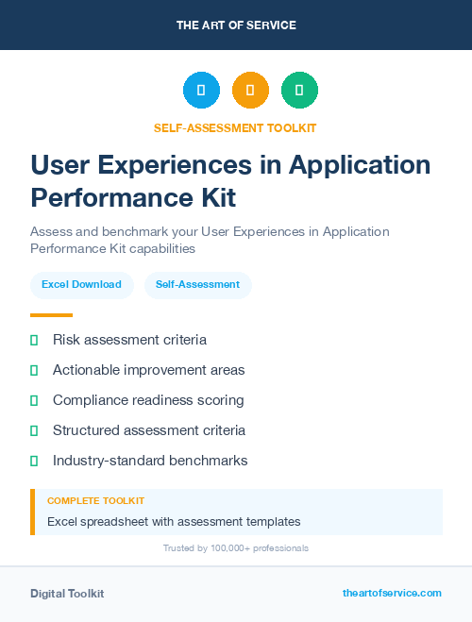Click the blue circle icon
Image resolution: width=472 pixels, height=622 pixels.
click(x=201, y=91)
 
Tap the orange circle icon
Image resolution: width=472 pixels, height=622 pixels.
click(x=250, y=91)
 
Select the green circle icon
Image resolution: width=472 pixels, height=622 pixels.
click(x=299, y=91)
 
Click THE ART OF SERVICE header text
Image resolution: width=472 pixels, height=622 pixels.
click(x=236, y=25)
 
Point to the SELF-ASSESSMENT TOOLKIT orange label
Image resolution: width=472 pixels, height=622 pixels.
click(x=236, y=127)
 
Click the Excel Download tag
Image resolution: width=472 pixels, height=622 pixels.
click(x=81, y=284)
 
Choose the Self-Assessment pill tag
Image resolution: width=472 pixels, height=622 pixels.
click(x=197, y=284)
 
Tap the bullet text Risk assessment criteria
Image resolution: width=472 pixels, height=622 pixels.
click(x=129, y=340)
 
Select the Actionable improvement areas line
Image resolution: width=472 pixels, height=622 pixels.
click(x=148, y=370)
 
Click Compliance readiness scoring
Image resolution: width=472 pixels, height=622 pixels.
click(x=148, y=400)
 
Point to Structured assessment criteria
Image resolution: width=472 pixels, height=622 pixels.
click(x=149, y=430)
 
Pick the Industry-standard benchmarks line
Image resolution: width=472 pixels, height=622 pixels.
click(x=150, y=461)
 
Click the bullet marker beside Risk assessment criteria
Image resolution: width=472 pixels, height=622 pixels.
click(x=34, y=340)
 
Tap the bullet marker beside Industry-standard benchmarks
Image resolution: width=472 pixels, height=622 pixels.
click(x=34, y=461)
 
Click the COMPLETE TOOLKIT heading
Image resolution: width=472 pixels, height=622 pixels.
click(x=95, y=501)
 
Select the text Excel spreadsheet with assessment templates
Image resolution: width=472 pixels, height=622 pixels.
click(x=174, y=521)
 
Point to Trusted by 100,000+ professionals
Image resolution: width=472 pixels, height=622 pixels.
click(x=236, y=547)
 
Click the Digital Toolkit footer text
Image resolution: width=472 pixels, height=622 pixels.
click(x=67, y=593)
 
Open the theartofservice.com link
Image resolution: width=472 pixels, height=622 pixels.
click(x=392, y=593)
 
